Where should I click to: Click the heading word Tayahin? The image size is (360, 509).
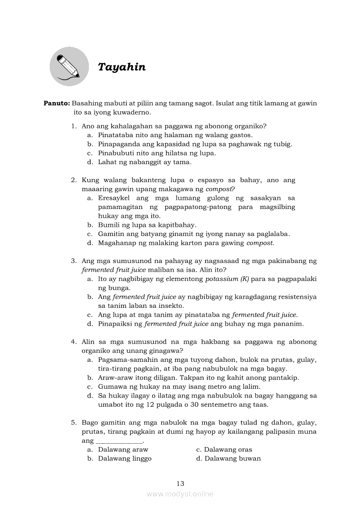pos(122,67)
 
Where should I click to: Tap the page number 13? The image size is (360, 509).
pos(180,483)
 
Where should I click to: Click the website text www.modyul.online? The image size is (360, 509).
pos(180,494)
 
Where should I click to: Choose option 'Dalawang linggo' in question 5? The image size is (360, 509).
pos(125,458)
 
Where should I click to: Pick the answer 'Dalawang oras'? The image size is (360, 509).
pos(228,449)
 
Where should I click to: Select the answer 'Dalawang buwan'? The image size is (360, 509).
pos(232,458)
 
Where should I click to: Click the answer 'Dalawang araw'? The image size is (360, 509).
pos(123,449)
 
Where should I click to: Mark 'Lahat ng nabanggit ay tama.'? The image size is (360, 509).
pos(145,162)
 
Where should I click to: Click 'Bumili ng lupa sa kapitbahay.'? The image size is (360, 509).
pos(147,225)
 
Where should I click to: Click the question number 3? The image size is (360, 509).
pos(74,261)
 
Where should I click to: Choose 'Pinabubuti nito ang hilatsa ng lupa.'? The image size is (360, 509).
pos(156,153)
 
